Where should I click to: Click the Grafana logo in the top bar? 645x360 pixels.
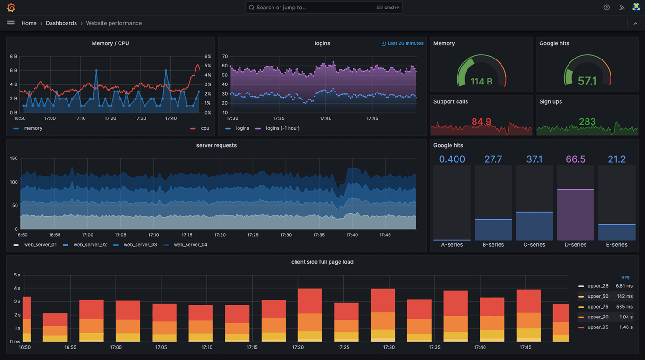11,8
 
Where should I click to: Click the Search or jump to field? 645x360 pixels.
323,8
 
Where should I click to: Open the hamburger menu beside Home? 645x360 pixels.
11,23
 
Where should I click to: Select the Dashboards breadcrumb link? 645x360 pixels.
61,23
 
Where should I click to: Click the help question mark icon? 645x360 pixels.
607,8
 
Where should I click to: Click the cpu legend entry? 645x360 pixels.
204,128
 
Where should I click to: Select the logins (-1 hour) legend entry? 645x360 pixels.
282,128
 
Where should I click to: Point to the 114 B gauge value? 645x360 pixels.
481,82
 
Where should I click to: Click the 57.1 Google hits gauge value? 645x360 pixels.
587,81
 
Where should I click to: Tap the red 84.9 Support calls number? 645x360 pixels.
481,122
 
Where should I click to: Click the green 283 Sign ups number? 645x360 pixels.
587,122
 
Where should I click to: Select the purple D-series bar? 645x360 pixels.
575,215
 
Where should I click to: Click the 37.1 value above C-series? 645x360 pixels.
534,159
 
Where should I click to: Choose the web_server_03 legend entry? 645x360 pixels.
140,245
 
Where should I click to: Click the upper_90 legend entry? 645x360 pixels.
597,317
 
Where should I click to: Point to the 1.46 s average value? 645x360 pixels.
626,327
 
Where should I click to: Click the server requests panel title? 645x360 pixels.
216,145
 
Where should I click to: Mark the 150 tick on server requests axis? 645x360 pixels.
14,159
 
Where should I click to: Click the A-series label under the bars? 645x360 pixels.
452,245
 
